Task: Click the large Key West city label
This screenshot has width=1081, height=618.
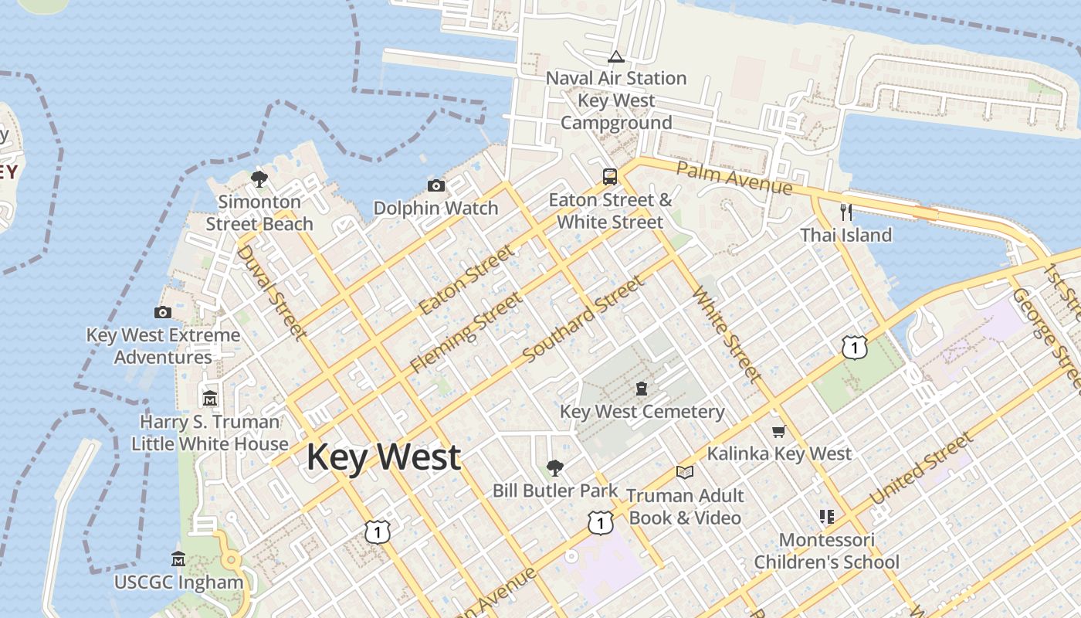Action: tap(384, 457)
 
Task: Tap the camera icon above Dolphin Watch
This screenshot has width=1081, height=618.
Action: tap(436, 185)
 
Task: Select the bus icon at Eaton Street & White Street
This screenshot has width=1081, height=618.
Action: tap(610, 176)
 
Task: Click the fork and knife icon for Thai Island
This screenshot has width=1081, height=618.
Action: tap(846, 212)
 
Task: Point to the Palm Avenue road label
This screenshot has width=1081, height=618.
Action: tap(734, 178)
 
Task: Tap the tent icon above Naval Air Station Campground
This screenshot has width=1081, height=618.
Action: tap(615, 56)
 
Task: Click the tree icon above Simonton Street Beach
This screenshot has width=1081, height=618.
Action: tap(259, 179)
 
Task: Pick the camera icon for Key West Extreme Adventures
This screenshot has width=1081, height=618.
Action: tap(163, 312)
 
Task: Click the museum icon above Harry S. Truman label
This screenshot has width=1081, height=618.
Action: tap(210, 399)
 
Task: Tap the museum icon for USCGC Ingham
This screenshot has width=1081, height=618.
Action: tap(178, 559)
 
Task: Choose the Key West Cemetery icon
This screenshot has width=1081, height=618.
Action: tap(642, 388)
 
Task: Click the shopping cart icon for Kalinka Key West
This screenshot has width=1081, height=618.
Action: tap(778, 431)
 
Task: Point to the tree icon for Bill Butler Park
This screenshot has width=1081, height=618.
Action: tap(554, 467)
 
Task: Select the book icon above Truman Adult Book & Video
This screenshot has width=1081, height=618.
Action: tap(684, 472)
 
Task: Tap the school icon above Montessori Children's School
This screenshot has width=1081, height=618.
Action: tap(826, 516)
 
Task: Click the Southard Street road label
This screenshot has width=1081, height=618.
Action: tap(583, 320)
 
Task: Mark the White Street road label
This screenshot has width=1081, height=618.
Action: tap(727, 334)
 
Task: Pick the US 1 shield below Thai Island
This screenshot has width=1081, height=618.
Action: tap(855, 348)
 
